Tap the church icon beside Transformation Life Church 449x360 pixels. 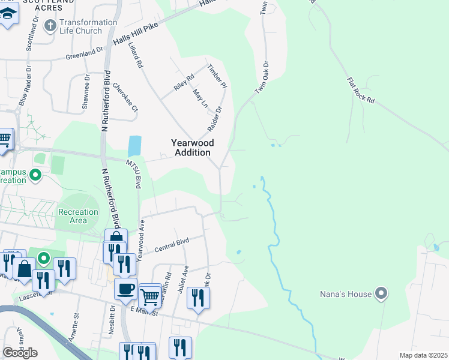[50, 26]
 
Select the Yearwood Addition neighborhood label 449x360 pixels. [191, 148]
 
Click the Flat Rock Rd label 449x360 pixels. [361, 91]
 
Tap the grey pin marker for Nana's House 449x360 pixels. [381, 294]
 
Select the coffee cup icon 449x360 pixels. [125, 288]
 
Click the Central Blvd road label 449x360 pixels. [172, 245]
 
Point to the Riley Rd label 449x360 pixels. [184, 82]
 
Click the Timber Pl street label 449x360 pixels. [217, 76]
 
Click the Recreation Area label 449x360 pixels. [77, 216]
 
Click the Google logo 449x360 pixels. [20, 353]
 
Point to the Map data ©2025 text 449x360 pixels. [423, 355]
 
